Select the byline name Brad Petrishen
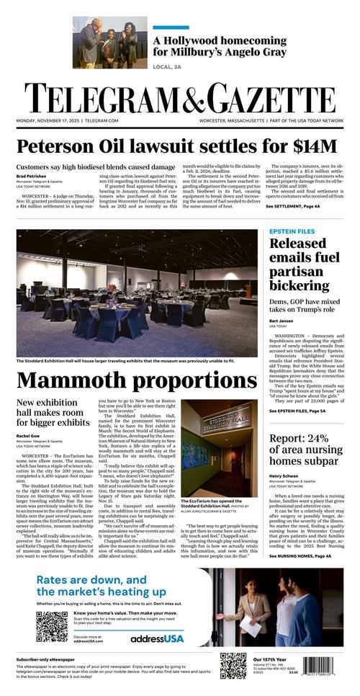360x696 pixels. pyautogui.click(x=32, y=176)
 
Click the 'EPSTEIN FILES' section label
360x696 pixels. pyautogui.click(x=292, y=231)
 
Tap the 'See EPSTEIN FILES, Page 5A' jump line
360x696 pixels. pyautogui.click(x=297, y=411)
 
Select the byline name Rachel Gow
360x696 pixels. pyautogui.click(x=28, y=435)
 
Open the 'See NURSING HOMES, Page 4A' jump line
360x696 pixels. pyautogui.click(x=300, y=556)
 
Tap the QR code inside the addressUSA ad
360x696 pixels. pyautogui.click(x=51, y=626)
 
